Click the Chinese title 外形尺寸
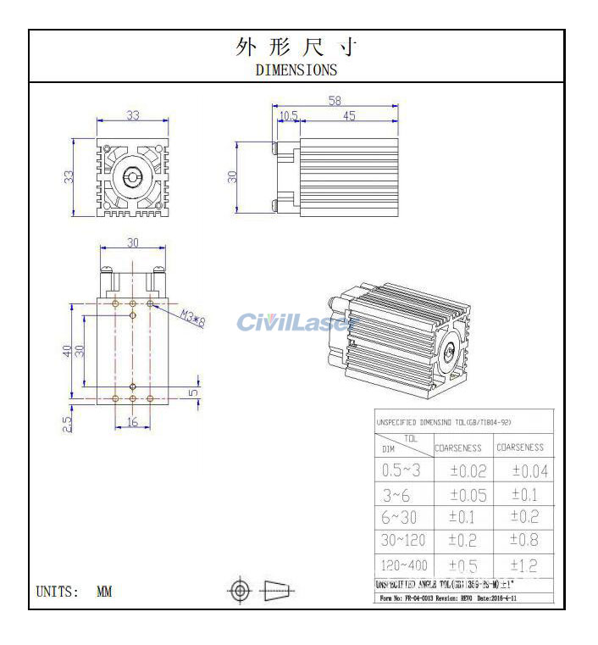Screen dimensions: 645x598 [x=296, y=48]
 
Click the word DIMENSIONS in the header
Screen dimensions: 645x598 [x=296, y=70]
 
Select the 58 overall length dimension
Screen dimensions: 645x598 [x=335, y=101]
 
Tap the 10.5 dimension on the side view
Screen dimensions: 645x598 [x=288, y=116]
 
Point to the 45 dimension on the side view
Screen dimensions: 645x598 [x=349, y=116]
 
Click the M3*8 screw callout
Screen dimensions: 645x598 [x=193, y=319]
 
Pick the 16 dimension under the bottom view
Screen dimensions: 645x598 [x=132, y=421]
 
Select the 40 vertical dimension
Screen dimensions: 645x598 [x=67, y=350]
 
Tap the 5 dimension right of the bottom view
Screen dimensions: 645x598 [x=193, y=392]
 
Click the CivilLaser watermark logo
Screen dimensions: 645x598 [x=295, y=323]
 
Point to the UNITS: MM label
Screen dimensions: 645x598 [x=74, y=592]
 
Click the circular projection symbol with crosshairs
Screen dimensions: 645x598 [x=240, y=590]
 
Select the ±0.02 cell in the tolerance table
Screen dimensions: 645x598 [x=467, y=471]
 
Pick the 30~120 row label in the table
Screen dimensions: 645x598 [x=404, y=540]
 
